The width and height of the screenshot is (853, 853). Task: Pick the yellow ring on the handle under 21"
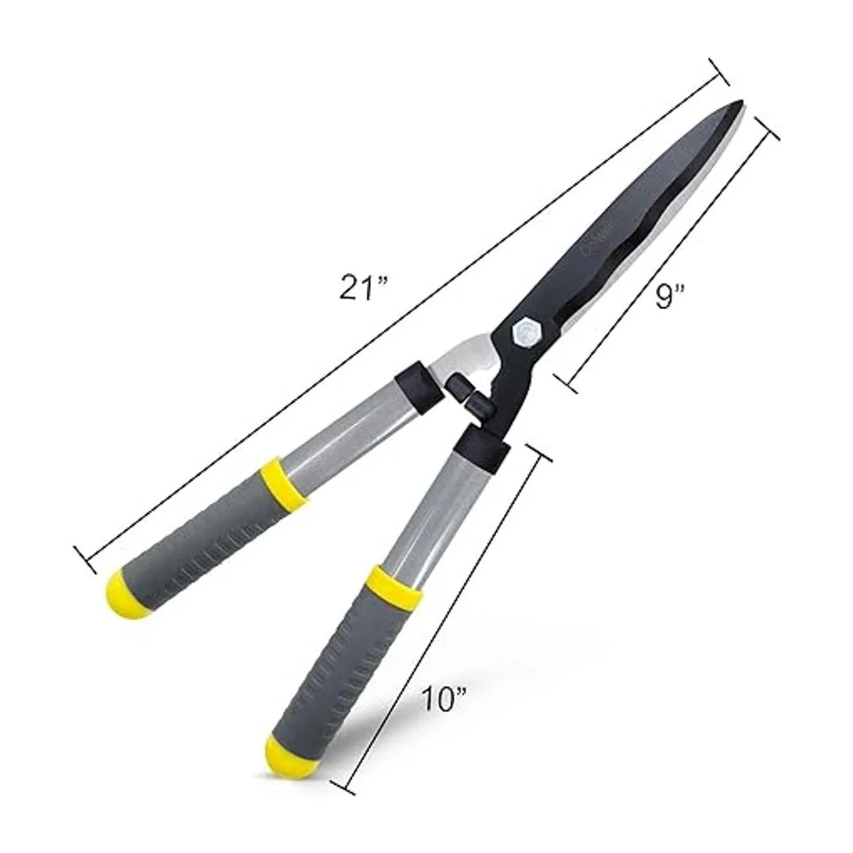pyautogui.click(x=283, y=483)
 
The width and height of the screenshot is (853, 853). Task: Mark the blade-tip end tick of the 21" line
pyautogui.click(x=720, y=71)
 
